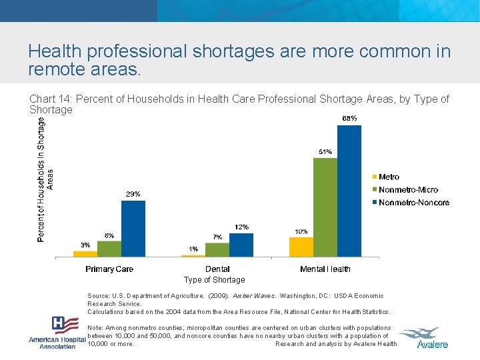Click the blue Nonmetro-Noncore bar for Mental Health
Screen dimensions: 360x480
click(349, 191)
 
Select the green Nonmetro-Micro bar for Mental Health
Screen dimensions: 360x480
click(325, 207)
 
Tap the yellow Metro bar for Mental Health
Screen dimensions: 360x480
click(301, 247)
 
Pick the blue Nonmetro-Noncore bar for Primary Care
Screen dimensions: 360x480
click(133, 229)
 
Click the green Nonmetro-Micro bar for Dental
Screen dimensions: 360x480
click(217, 250)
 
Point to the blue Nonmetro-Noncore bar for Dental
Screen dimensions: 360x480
click(241, 245)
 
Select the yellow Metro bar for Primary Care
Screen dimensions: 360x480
click(85, 253)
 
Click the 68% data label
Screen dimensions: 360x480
click(349, 118)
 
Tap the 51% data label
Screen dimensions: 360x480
click(325, 151)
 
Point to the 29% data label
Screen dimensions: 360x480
click(133, 194)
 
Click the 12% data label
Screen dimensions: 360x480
click(241, 227)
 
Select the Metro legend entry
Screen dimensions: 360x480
click(389, 177)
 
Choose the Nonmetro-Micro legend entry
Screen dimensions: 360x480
click(408, 190)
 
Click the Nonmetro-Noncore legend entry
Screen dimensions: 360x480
click(413, 203)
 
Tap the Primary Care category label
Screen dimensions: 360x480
click(109, 269)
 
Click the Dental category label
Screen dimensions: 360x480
click(217, 269)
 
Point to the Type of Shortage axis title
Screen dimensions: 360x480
click(214, 280)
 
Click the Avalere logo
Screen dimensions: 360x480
click(433, 337)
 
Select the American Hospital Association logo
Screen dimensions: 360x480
click(58, 333)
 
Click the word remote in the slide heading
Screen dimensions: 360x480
click(56, 69)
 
